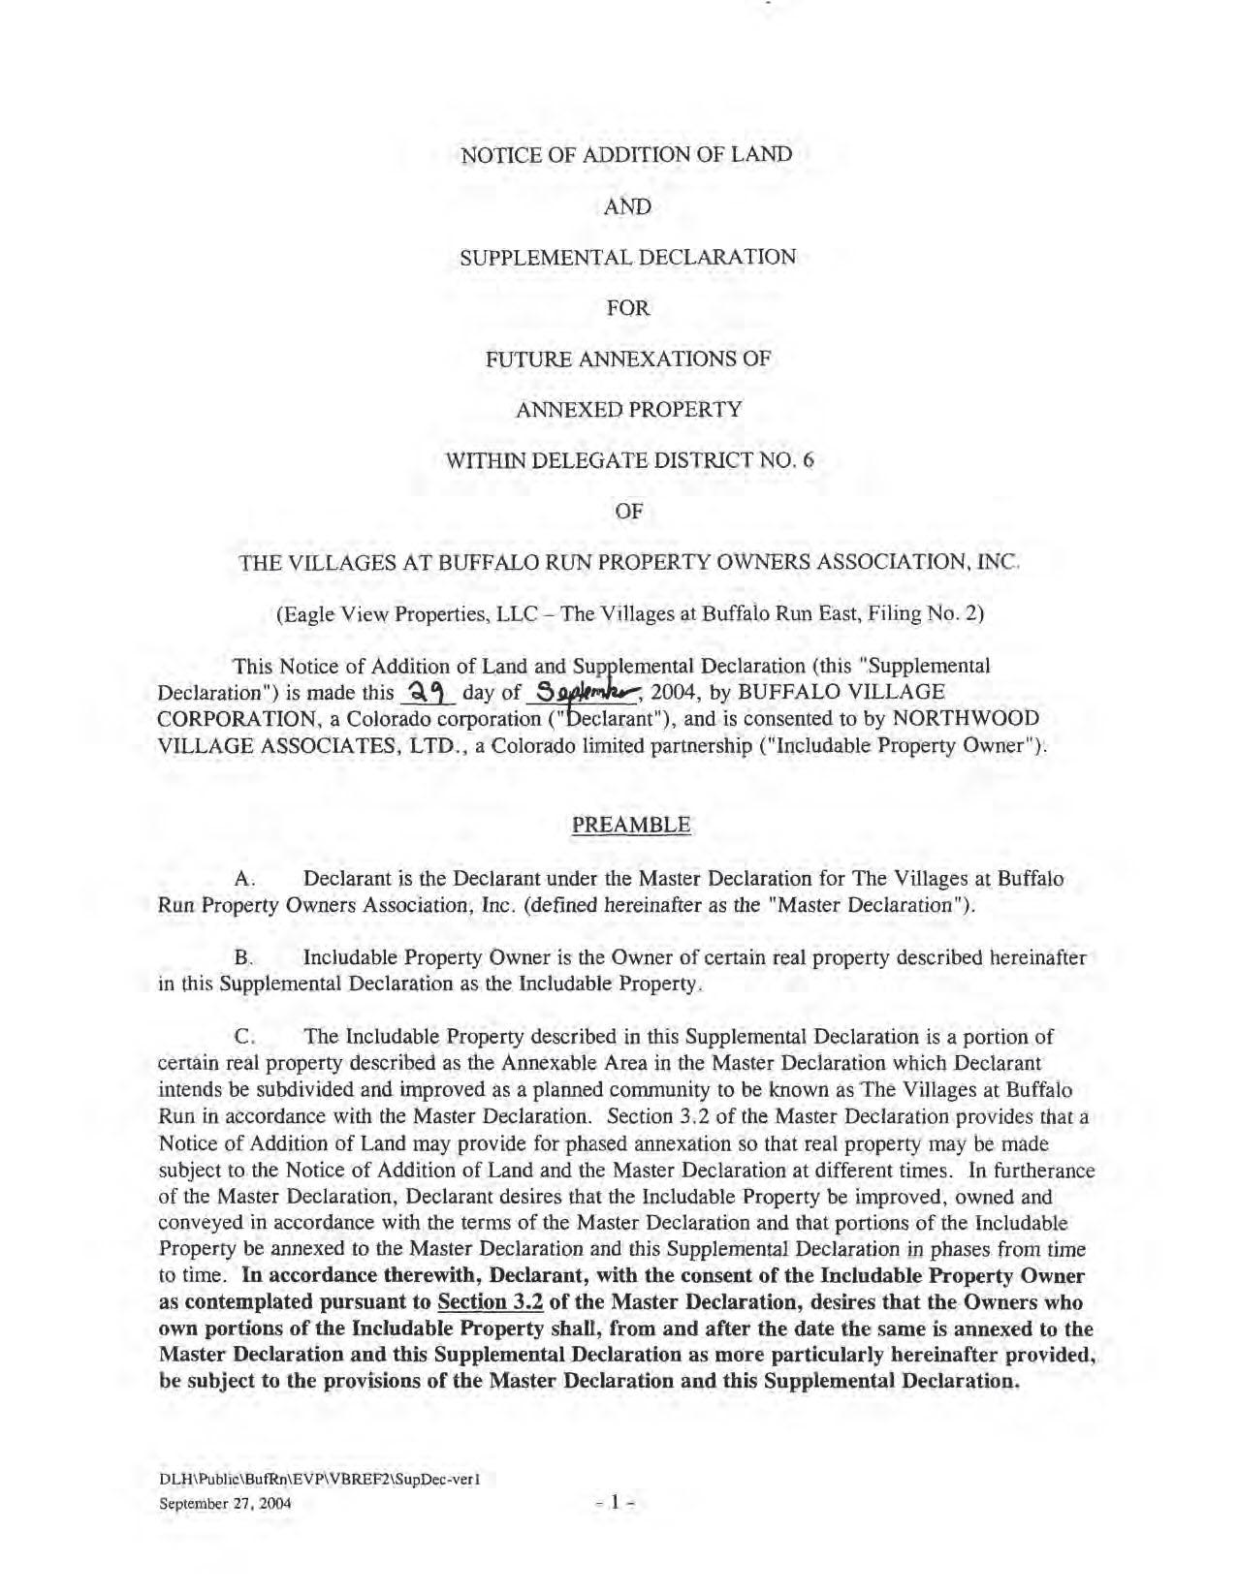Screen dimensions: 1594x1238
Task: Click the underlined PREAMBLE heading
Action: (x=631, y=825)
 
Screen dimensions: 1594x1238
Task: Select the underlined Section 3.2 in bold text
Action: (x=490, y=1301)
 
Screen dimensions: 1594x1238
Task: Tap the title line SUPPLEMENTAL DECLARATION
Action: (x=627, y=257)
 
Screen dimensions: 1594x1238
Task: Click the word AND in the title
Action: (x=627, y=206)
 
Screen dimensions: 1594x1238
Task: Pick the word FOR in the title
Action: (x=627, y=308)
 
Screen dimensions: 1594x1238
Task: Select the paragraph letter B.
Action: (x=243, y=958)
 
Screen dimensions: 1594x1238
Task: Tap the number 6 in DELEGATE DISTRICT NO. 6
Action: (x=808, y=460)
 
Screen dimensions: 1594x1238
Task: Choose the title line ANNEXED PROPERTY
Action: (x=628, y=409)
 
